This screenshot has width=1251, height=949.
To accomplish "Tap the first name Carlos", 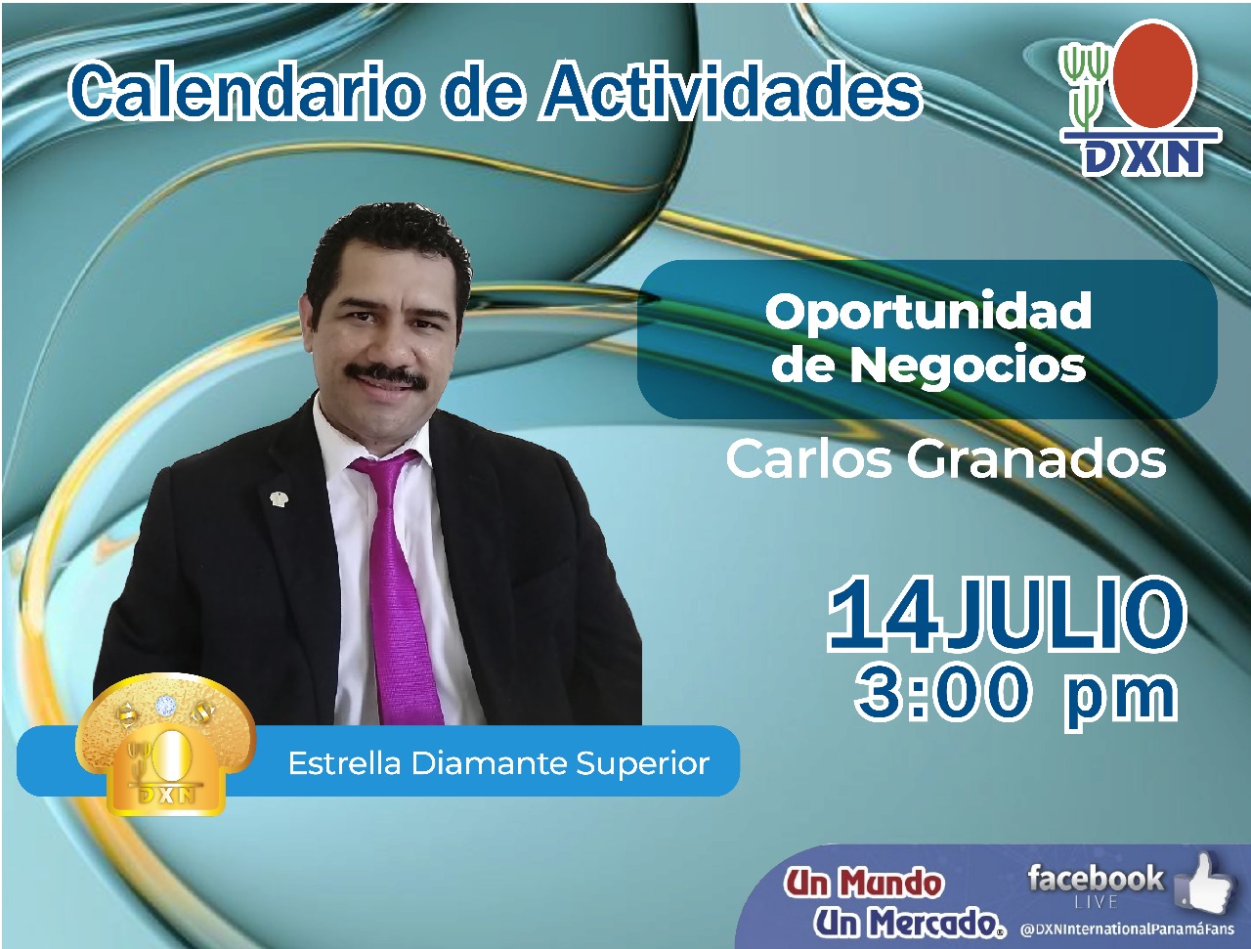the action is (x=808, y=459).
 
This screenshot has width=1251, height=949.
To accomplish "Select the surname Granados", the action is (x=1037, y=459).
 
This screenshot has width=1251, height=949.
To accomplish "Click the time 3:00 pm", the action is (x=1015, y=695).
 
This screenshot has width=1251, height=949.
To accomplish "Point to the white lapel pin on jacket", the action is (x=279, y=498).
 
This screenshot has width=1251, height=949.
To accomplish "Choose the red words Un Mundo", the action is (x=863, y=884).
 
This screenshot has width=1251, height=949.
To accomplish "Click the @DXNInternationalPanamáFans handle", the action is (x=1127, y=929).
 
